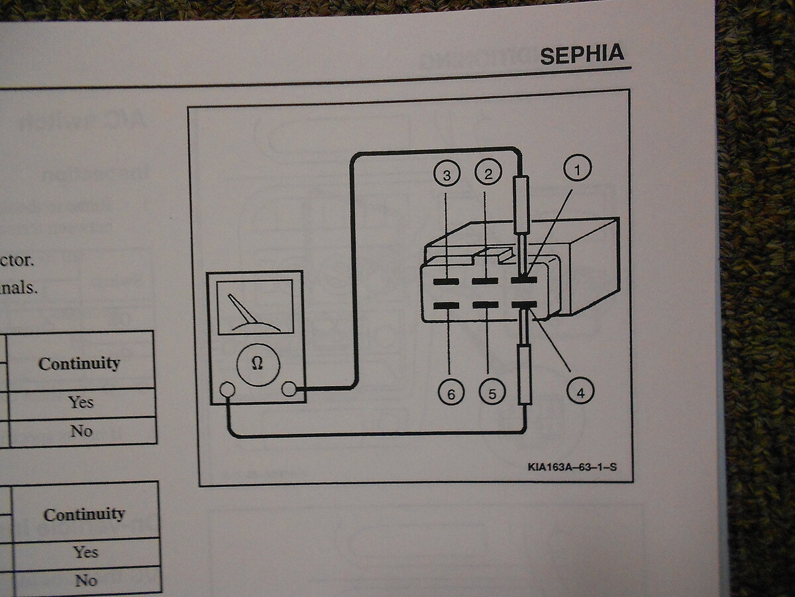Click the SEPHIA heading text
[582, 54]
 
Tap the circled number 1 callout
[576, 170]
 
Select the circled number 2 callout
[488, 174]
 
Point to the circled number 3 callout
[447, 175]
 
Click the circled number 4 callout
[580, 392]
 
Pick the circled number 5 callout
[492, 393]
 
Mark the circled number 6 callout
[451, 394]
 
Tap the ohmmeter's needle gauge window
[255, 306]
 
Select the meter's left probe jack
[227, 389]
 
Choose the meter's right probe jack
[289, 389]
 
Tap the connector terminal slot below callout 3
[446, 281]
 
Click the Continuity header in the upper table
[79, 363]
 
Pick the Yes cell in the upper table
[81, 402]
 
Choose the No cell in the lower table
[85, 580]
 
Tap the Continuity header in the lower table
[84, 514]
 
